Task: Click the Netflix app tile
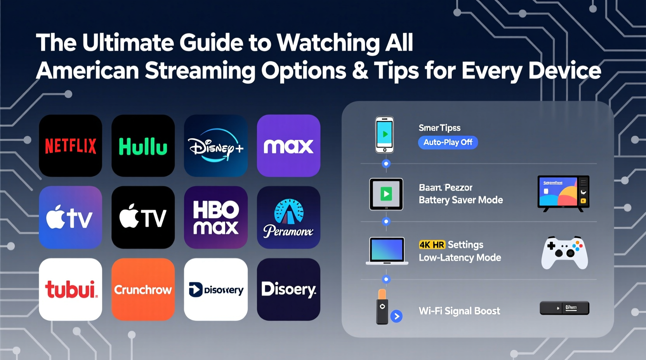pos(71,145)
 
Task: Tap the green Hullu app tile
pos(143,145)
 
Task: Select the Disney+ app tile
pos(215,145)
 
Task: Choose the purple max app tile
pos(288,145)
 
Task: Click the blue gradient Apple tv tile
pos(71,217)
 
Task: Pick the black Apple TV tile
pos(143,217)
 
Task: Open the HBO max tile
pos(215,217)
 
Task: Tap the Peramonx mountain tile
pos(288,217)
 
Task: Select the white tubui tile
pos(71,289)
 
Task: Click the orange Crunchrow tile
pos(143,289)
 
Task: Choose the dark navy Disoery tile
pos(288,289)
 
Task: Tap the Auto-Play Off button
pos(448,142)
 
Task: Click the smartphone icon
pos(384,135)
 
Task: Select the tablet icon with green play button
pos(386,194)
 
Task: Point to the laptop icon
pos(387,251)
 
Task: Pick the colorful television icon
pos(563,193)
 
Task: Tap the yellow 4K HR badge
pos(432,245)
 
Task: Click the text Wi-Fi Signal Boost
pos(459,311)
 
